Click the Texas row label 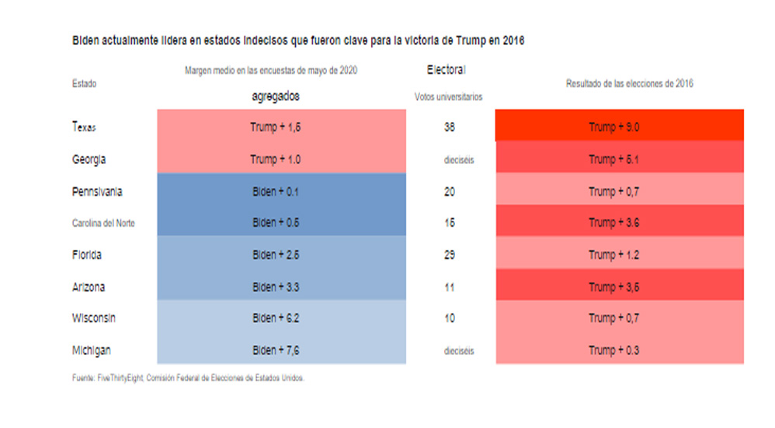tap(83, 127)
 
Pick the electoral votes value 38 tap(449, 127)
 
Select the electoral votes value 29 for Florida tap(449, 255)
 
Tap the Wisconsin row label tap(93, 318)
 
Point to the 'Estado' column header tap(84, 83)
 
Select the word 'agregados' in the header tap(276, 97)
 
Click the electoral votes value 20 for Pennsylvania tap(449, 191)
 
